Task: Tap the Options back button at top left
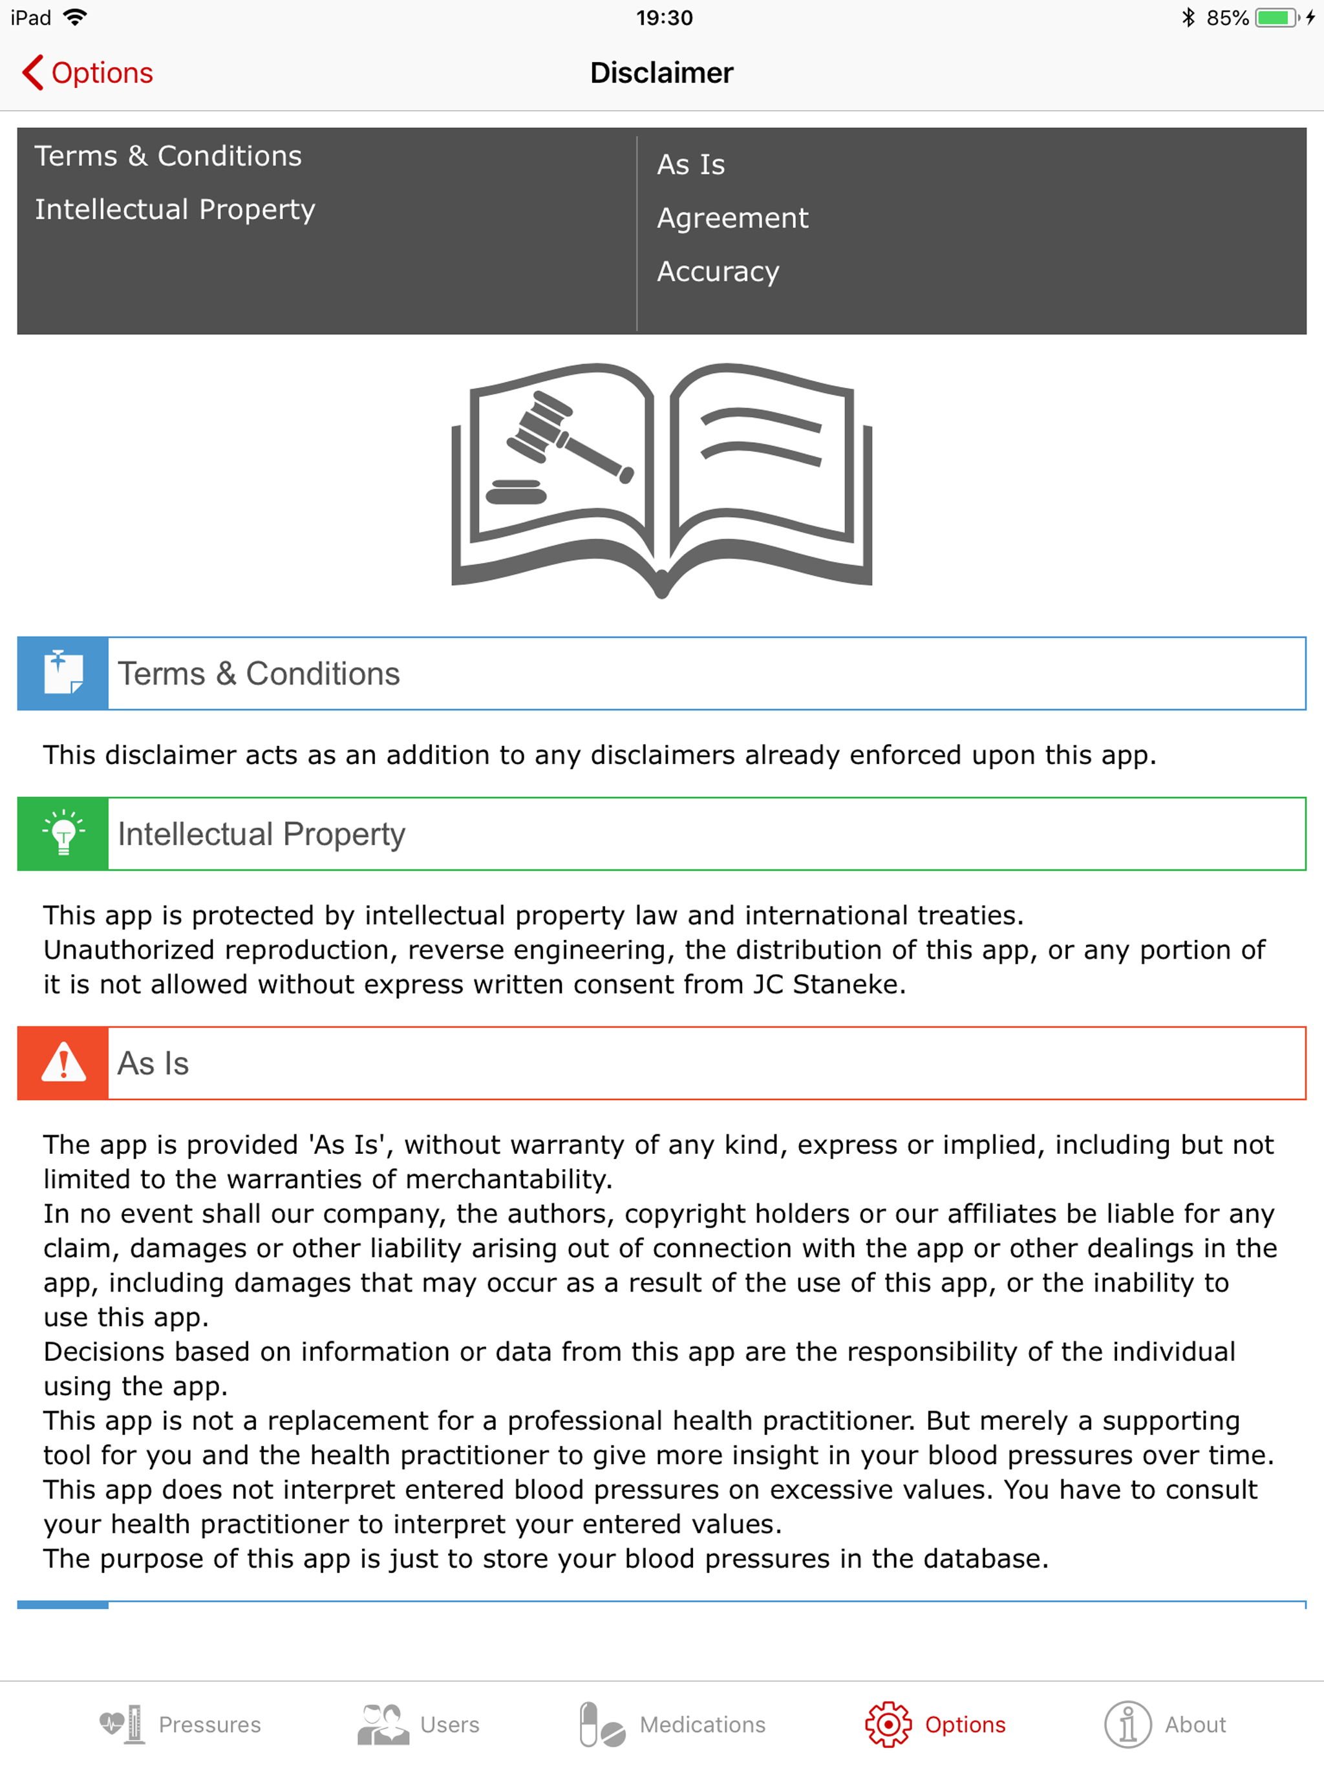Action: [88, 72]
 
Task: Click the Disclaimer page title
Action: [661, 72]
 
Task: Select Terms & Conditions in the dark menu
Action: [167, 156]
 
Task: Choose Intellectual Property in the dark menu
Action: [175, 209]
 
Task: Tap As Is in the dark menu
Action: [690, 164]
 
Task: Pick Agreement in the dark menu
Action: [732, 218]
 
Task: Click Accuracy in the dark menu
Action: [718, 271]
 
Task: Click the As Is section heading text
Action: [153, 1063]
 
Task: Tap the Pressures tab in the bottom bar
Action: [180, 1725]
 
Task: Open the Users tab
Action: [418, 1725]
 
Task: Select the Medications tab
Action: [672, 1725]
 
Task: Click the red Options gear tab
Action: [935, 1725]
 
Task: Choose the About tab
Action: [1165, 1725]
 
